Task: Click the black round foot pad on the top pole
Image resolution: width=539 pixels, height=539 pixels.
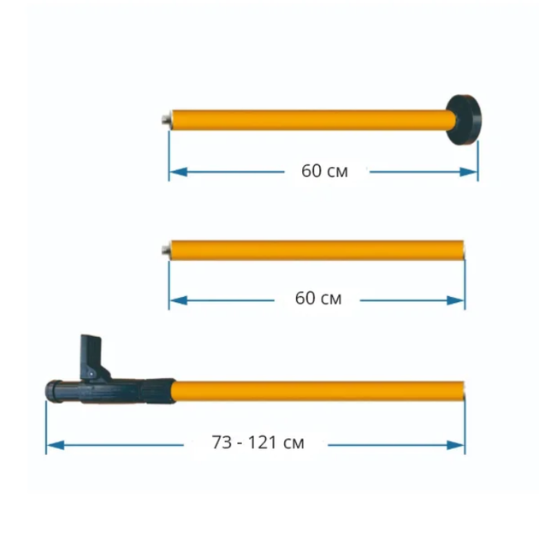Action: click(465, 120)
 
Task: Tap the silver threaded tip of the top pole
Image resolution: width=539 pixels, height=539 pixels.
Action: click(167, 120)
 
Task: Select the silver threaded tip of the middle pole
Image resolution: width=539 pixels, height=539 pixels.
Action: click(166, 250)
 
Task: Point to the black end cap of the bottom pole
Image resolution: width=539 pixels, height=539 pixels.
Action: click(54, 391)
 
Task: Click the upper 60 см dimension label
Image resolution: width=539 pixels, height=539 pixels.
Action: click(324, 171)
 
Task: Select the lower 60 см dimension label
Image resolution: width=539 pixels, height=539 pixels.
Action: click(318, 299)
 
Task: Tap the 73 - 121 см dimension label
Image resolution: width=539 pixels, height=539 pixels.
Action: click(258, 443)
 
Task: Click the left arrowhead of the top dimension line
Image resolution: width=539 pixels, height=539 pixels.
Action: click(179, 172)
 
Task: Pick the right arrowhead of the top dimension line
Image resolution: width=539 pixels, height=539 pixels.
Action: click(469, 172)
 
